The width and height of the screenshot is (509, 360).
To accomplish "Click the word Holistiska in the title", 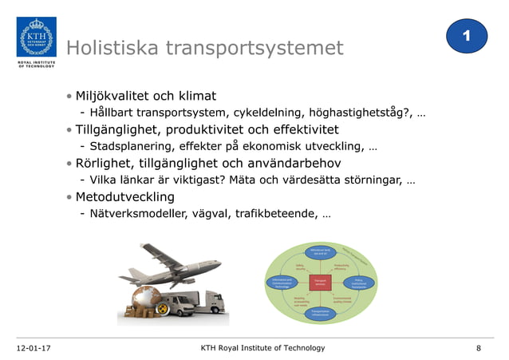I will pos(112,49).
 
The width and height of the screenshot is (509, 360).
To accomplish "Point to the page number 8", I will pos(478,348).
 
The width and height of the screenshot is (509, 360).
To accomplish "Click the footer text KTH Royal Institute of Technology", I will pos(262,348).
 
